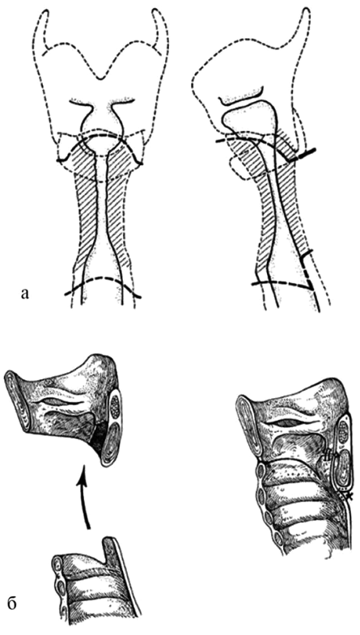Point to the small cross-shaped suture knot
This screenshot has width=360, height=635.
(347, 495)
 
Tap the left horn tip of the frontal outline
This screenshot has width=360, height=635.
(44, 12)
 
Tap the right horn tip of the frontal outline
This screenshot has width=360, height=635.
(157, 12)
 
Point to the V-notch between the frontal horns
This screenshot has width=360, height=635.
(101, 78)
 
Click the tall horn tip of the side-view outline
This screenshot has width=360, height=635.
(306, 11)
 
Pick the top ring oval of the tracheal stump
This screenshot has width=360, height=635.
(57, 565)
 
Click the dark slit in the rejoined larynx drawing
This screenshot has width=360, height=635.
(286, 422)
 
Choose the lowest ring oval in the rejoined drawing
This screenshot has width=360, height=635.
(278, 538)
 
